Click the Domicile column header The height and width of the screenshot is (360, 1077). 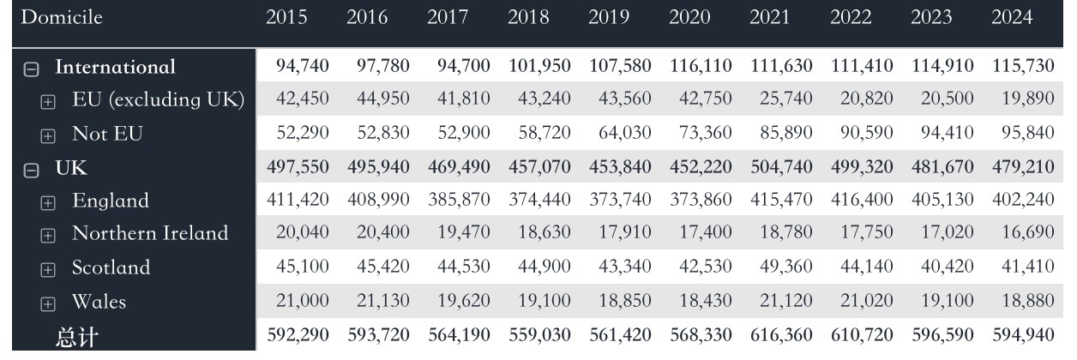61,18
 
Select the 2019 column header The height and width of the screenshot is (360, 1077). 608,18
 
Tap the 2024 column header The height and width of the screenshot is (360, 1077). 1011,18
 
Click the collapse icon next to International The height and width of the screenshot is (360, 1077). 31,69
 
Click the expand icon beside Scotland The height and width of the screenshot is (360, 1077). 48,269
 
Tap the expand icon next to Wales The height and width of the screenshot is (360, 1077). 48,303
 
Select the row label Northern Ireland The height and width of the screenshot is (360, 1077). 150,234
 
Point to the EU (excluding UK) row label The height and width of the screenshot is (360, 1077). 159,100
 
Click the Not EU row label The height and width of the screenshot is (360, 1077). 107,134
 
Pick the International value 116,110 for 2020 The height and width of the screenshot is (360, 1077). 701,67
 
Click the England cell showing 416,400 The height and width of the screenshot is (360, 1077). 862,201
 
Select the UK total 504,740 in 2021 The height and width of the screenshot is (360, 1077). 781,168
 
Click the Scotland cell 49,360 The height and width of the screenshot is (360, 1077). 781,268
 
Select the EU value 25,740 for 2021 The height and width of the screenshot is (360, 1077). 781,100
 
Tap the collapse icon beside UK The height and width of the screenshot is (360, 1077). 31,170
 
